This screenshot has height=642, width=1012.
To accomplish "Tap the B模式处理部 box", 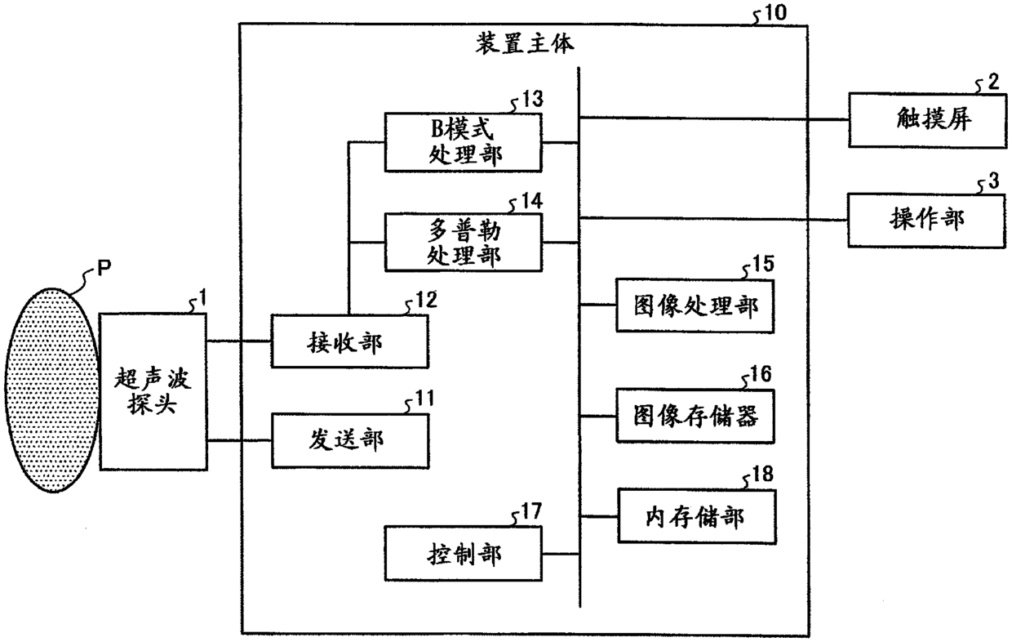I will [x=464, y=143].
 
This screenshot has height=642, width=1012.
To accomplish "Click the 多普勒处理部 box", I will [x=464, y=243].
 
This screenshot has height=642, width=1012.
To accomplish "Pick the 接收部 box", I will [x=348, y=341].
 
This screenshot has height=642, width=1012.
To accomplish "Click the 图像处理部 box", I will [x=695, y=306].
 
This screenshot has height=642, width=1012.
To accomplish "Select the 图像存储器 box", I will [x=695, y=416].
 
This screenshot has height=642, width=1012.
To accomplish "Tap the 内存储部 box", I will [x=695, y=516].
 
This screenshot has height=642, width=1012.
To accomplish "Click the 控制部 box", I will [x=464, y=555].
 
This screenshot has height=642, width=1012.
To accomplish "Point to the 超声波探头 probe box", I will [x=153, y=391].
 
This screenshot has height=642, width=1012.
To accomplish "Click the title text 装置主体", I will [x=525, y=43].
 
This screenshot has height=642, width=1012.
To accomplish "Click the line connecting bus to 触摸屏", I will [x=713, y=118].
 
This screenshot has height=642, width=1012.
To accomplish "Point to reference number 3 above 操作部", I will [x=993, y=180].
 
